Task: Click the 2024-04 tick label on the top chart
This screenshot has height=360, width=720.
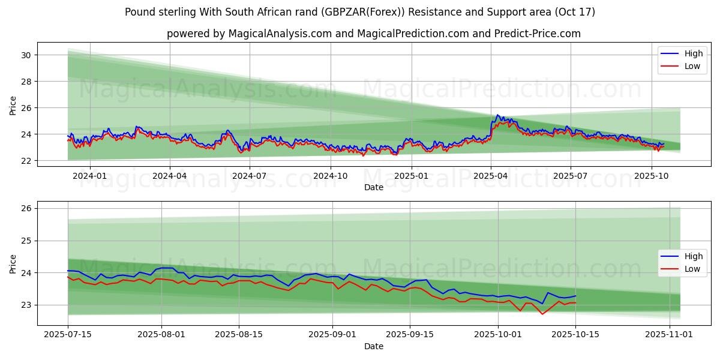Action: coord(169,176)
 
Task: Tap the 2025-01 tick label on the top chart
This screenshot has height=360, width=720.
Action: coord(412,176)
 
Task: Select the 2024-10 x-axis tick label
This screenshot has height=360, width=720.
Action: coord(331,176)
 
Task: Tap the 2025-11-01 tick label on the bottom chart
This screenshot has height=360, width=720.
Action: coord(669,335)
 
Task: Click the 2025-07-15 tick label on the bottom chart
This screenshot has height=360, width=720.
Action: coord(68,335)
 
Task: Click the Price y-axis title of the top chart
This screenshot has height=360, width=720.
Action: coord(13,106)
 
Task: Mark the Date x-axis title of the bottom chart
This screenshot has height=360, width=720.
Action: coord(374,346)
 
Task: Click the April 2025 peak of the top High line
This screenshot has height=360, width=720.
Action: coord(497,115)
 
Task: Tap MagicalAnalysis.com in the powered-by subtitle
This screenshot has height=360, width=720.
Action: coord(280,34)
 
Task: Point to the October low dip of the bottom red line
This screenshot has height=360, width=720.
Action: coord(542,314)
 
